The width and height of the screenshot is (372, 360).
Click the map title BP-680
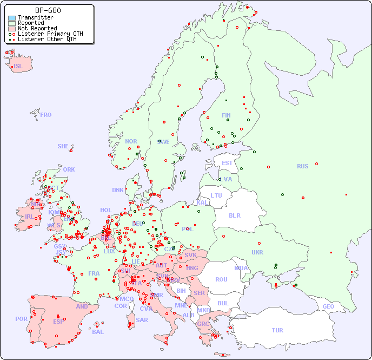click(48, 10)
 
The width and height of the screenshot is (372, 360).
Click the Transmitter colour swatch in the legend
click(12, 18)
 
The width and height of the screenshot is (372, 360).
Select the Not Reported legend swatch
click(12, 29)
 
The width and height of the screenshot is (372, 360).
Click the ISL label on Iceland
click(18, 67)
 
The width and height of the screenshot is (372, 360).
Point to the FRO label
click(46, 115)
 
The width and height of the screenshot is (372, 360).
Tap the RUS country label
click(302, 166)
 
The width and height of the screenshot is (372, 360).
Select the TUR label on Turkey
click(277, 330)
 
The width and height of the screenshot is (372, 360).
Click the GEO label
click(328, 306)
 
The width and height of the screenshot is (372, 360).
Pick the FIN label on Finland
click(226, 115)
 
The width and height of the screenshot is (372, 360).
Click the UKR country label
click(257, 252)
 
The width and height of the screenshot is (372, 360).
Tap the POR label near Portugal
click(21, 319)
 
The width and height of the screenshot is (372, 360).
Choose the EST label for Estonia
click(227, 163)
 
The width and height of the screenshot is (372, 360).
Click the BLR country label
click(234, 215)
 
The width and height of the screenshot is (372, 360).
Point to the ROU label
click(221, 279)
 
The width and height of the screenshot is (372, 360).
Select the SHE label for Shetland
click(63, 146)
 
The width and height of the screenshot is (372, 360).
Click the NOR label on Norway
click(131, 141)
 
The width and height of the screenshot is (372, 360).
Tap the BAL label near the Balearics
click(98, 332)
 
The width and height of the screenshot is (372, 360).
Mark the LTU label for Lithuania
click(216, 195)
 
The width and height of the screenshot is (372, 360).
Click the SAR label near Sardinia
click(142, 319)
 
